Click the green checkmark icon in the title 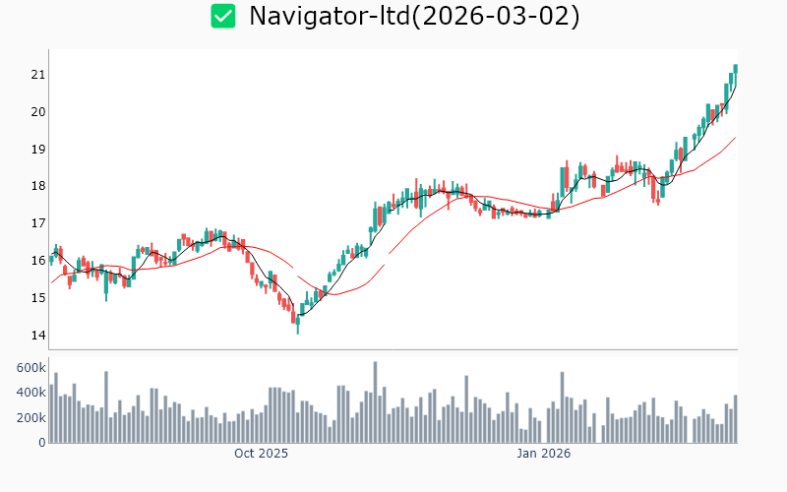click(x=223, y=16)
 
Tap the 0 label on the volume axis click(x=41, y=443)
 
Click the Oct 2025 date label click(x=261, y=454)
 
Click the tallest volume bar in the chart click(x=375, y=402)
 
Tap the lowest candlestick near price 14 click(x=297, y=325)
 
